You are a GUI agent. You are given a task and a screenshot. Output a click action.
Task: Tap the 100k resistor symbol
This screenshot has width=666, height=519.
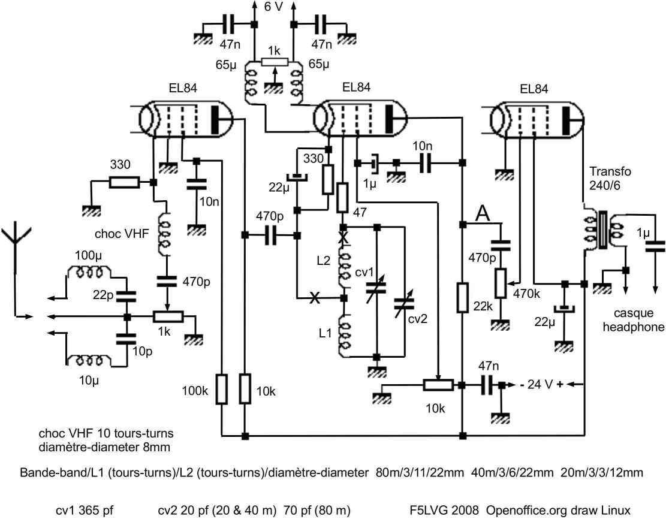tap(222, 389)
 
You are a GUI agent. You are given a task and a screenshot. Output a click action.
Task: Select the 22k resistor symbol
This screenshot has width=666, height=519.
tap(463, 298)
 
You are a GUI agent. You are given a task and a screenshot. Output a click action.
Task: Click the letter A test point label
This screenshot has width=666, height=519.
tap(482, 213)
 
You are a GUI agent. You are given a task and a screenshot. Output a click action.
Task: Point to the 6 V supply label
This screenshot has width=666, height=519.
tap(273, 7)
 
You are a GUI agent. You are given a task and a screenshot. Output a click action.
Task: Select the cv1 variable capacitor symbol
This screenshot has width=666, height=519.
tap(376, 289)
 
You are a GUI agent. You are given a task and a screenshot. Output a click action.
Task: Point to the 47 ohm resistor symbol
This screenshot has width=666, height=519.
tap(342, 198)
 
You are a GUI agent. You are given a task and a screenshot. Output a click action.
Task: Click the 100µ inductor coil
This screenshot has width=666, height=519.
tap(90, 272)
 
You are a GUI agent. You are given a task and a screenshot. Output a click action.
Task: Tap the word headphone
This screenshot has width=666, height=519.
tap(633, 327)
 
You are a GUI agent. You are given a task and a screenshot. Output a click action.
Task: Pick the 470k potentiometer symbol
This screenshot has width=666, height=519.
tap(501, 283)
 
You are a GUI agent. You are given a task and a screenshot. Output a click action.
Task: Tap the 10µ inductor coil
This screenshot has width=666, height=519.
tap(89, 361)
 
